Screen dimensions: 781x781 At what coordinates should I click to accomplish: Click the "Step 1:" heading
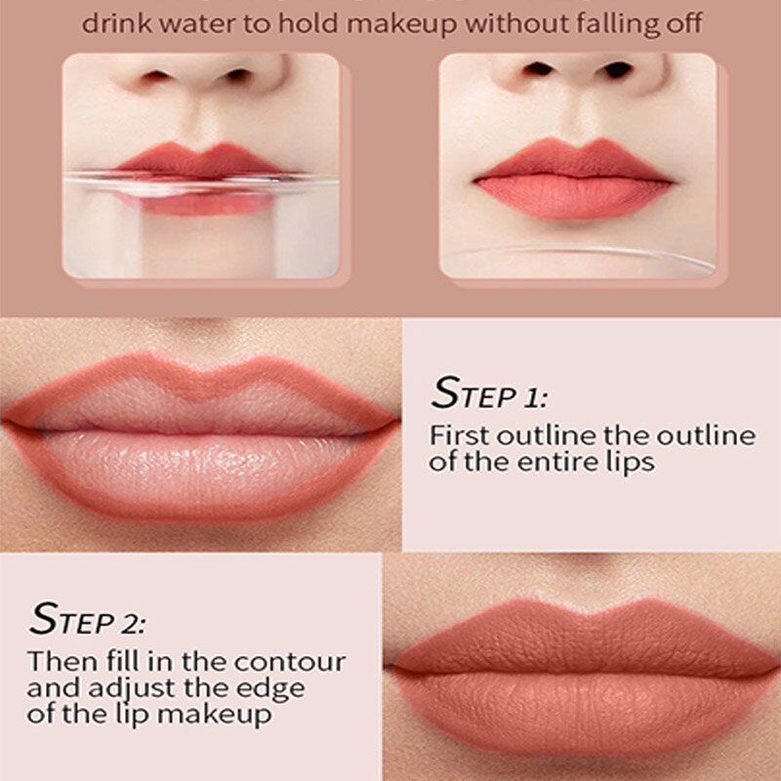(489, 393)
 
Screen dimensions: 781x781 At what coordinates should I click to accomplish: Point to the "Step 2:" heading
(88, 619)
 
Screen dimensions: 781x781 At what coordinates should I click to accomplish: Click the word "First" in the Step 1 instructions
(459, 435)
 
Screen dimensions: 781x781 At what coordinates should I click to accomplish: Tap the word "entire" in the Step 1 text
(552, 462)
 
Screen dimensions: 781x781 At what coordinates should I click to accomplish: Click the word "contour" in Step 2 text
(290, 662)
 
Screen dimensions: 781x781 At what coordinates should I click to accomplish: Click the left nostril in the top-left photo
(155, 76)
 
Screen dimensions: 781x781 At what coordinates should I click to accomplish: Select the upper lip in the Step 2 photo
(583, 637)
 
